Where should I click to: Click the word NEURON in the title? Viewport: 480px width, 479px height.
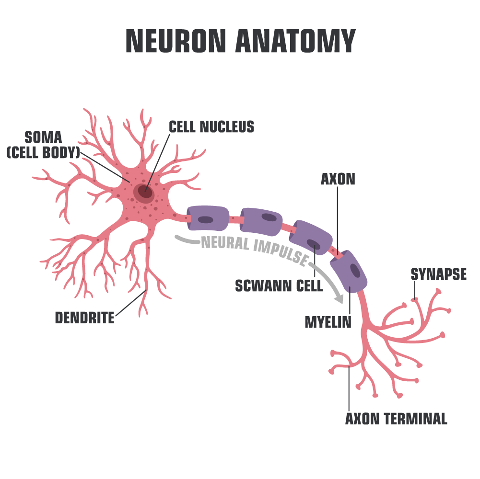point(176,42)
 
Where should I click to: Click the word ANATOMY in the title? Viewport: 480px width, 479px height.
point(295,42)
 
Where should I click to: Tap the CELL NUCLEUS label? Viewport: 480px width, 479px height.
point(211,127)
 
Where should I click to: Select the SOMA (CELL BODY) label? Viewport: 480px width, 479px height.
point(43,145)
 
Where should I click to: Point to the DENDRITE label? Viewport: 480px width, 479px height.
point(85,318)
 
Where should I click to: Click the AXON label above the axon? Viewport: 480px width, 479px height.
point(338,179)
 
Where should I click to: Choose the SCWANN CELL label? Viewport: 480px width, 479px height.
point(279,286)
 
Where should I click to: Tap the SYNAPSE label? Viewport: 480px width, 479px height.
point(438,274)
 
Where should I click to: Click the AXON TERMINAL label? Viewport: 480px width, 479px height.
point(396,419)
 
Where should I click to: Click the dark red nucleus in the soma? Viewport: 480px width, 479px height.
point(145,192)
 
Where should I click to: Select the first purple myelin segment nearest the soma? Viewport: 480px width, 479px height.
point(208,219)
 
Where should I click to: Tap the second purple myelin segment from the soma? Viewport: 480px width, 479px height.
point(261,221)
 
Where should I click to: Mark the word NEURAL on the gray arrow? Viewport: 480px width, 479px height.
point(226,243)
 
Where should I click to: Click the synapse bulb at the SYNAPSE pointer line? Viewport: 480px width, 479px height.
point(414,300)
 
